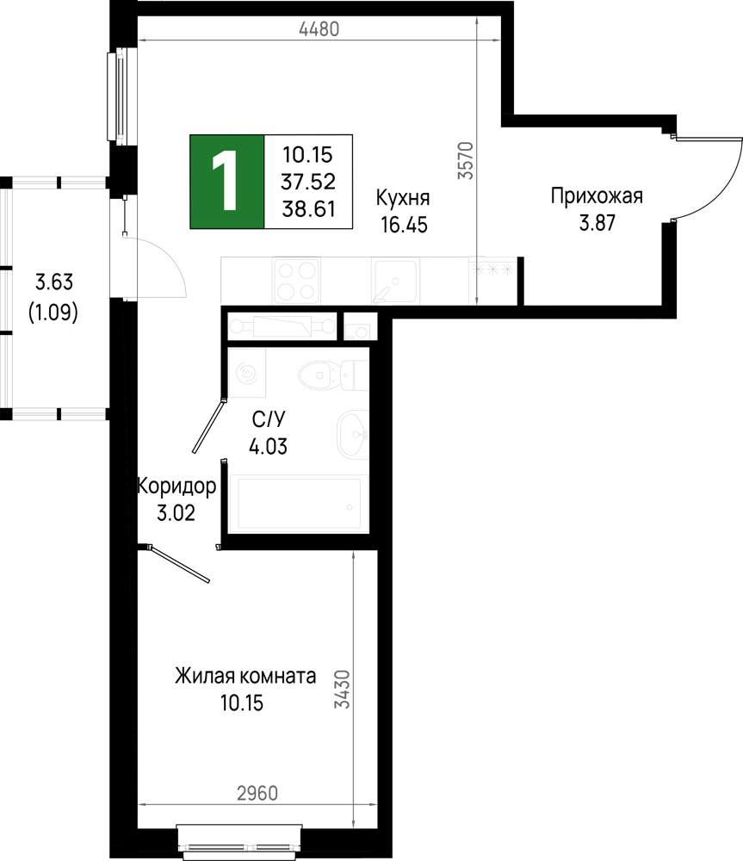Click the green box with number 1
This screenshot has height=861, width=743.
(x=227, y=182)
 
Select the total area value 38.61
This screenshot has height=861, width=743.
(x=308, y=208)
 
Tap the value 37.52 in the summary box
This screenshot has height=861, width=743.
(x=308, y=182)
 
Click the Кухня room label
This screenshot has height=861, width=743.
(x=402, y=198)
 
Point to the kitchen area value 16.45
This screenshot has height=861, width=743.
(x=402, y=225)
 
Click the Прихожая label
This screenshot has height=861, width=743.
(x=597, y=197)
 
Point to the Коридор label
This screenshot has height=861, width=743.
(x=176, y=486)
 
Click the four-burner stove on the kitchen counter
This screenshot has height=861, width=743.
(x=296, y=281)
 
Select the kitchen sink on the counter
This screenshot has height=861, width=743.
(x=394, y=281)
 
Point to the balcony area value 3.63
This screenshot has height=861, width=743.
(x=53, y=282)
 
